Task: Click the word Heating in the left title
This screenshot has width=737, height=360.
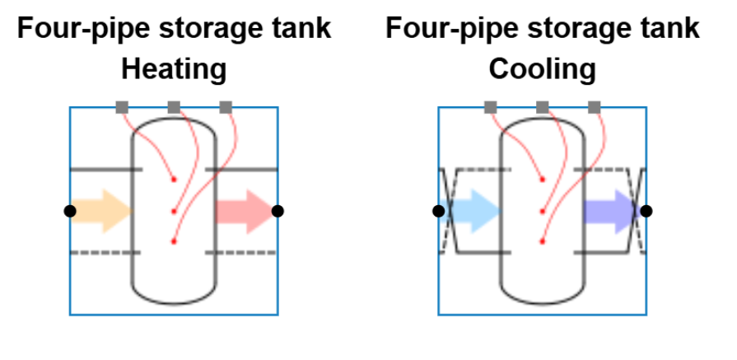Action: [174, 69]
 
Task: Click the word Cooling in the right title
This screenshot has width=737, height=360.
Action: [542, 69]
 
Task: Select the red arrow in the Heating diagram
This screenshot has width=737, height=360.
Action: [243, 211]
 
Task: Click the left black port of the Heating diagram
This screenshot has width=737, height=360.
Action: [70, 211]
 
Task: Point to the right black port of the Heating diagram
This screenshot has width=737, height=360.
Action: [278, 211]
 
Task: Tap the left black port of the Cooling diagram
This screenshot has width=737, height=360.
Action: [439, 211]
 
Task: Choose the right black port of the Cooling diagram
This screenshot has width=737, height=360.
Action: [646, 211]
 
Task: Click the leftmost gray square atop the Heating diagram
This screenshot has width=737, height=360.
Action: [122, 107]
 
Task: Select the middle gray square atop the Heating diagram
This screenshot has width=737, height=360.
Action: [174, 107]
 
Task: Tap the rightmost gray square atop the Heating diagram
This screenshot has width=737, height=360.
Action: [226, 107]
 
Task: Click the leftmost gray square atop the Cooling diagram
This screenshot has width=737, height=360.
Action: [491, 107]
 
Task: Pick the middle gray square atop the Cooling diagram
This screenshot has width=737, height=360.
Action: [543, 107]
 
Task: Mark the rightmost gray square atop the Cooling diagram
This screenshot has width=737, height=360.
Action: [595, 107]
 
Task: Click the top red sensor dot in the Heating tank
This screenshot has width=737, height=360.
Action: [173, 180]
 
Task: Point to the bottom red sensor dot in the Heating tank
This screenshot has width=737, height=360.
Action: [173, 241]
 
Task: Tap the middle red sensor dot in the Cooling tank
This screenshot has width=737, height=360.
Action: [542, 211]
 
